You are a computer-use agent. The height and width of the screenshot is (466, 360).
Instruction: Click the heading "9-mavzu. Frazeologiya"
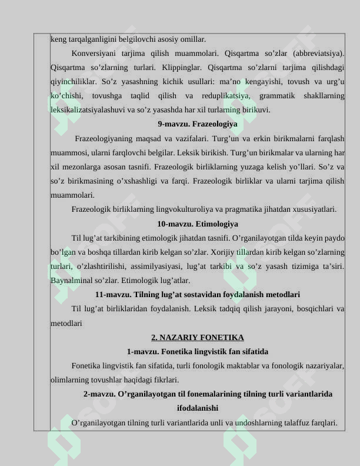click(198, 124)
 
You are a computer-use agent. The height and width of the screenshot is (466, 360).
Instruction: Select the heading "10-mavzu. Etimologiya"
click(198, 224)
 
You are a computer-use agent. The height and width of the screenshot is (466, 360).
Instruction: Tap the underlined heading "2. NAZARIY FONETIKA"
click(198, 337)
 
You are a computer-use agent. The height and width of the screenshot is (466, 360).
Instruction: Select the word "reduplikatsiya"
click(227, 95)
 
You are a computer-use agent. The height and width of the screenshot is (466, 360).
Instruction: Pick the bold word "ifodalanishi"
click(198, 408)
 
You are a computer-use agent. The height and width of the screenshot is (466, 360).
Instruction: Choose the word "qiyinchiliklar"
click(73, 81)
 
